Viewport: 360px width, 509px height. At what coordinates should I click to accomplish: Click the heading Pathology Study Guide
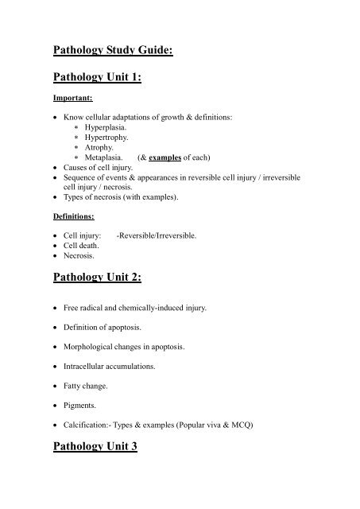(112, 52)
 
